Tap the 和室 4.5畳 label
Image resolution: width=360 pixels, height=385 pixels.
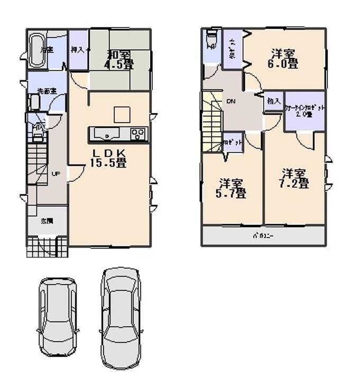tap(120, 59)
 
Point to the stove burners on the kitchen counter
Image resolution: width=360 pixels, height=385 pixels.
tap(139, 134)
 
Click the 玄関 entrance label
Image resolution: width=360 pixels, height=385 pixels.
tap(47, 221)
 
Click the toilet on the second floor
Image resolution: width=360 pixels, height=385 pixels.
tap(211, 41)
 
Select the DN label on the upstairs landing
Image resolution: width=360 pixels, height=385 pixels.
tap(231, 101)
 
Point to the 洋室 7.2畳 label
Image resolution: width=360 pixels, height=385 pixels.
tap(294, 179)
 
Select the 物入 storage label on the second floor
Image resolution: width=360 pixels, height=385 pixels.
tap(273, 101)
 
